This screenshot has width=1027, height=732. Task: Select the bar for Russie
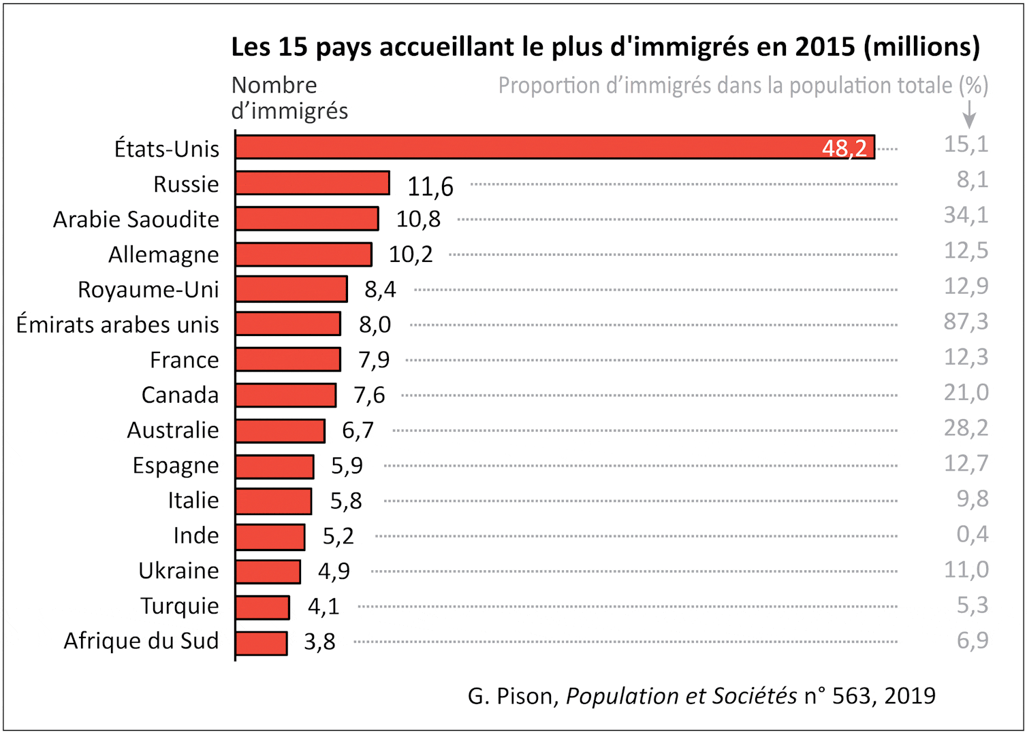313,183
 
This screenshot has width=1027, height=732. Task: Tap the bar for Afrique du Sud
262,643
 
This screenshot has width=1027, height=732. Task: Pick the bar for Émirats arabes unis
288,324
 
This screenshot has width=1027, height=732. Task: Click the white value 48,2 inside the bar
844,148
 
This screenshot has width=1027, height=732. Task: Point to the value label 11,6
430,186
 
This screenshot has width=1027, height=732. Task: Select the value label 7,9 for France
374,360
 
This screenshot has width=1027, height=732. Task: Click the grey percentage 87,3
966,321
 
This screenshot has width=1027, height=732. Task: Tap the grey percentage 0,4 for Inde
972,534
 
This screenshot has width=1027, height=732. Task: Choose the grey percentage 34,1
966,215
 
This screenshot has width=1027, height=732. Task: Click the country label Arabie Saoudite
136,220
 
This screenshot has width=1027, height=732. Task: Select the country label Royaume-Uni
148,290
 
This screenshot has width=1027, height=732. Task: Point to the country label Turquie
180,605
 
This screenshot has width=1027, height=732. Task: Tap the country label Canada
180,395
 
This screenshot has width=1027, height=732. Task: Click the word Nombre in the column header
274,86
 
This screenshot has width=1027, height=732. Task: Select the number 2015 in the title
825,47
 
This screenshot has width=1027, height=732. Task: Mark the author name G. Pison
513,696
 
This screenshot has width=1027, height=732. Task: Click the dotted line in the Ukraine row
633,571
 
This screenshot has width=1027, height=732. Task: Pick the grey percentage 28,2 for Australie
966,428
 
